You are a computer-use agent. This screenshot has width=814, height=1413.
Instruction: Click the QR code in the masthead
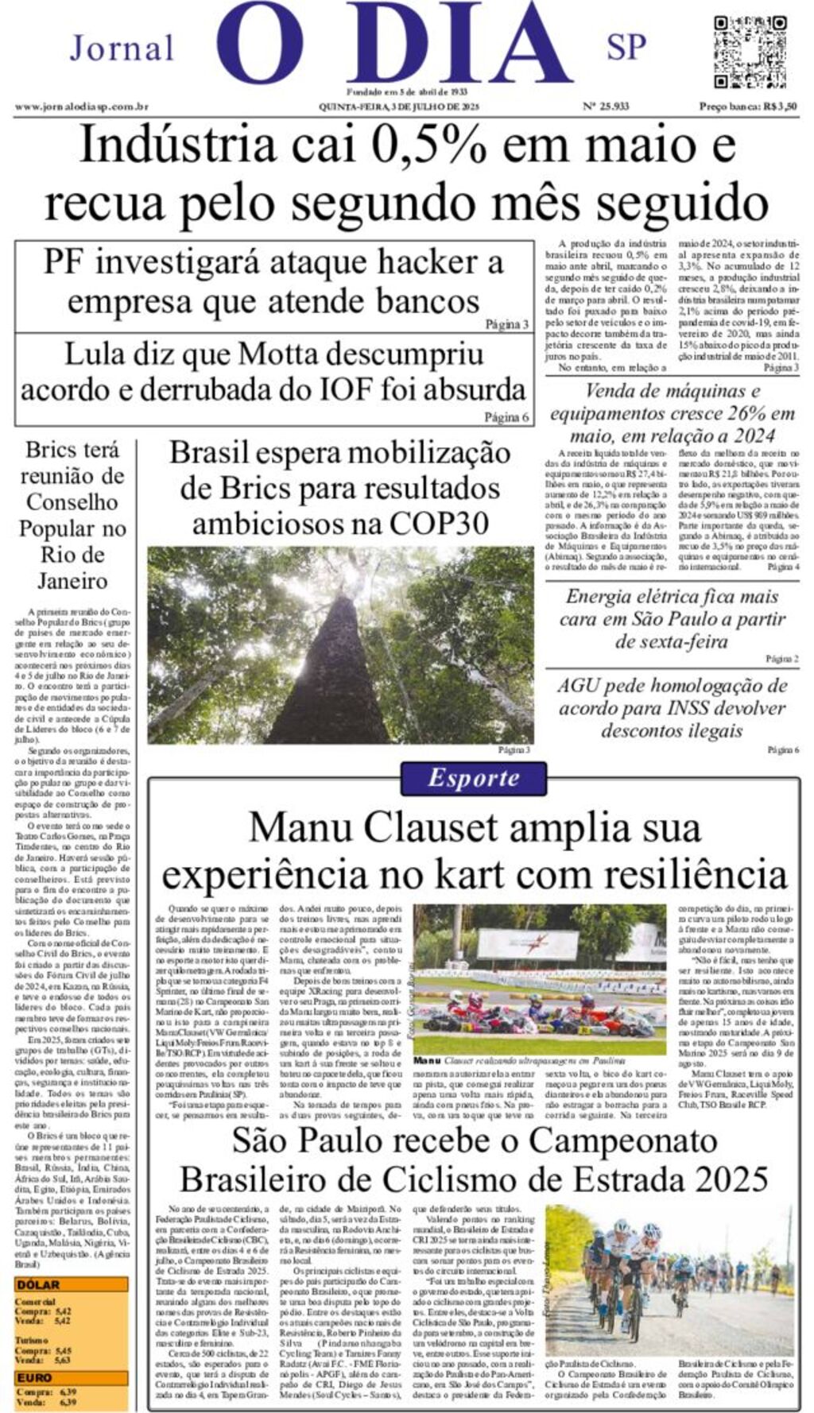pyautogui.click(x=749, y=52)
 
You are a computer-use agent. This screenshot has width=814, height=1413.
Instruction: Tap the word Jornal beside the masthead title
pyautogui.click(x=122, y=48)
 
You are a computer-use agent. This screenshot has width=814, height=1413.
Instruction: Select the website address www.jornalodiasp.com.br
pyautogui.click(x=82, y=106)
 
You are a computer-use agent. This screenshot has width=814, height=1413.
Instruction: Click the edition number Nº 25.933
pyautogui.click(x=606, y=106)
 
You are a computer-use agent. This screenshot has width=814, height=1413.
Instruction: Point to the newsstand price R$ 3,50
pyautogui.click(x=747, y=106)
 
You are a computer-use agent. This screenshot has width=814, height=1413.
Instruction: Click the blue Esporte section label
pyautogui.click(x=473, y=778)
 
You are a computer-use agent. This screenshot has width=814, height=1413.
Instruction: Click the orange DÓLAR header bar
pyautogui.click(x=71, y=1284)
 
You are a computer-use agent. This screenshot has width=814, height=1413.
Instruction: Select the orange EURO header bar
pyautogui.click(x=71, y=1377)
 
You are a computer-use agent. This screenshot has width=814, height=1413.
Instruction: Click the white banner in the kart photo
pyautogui.click(x=527, y=944)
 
